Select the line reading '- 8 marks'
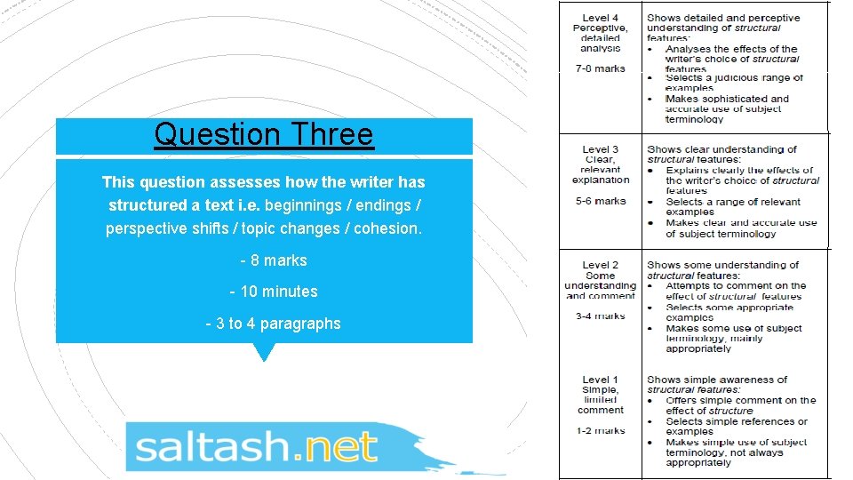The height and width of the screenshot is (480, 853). coord(273,260)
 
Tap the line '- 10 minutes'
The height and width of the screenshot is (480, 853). coord(273,292)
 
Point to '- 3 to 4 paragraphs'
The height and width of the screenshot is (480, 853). coord(273,324)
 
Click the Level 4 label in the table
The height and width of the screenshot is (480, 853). coord(600,18)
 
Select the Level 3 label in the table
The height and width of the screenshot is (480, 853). coord(600,149)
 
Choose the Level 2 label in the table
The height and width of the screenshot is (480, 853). coord(600,265)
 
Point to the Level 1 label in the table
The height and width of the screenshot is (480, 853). coord(600,380)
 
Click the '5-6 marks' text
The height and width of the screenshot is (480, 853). coord(600,202)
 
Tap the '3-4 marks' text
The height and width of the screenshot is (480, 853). coord(600,316)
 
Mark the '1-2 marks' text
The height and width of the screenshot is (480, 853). coord(600,431)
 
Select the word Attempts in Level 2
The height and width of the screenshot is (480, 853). coord(689,286)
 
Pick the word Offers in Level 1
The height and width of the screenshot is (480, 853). coord(682,401)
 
